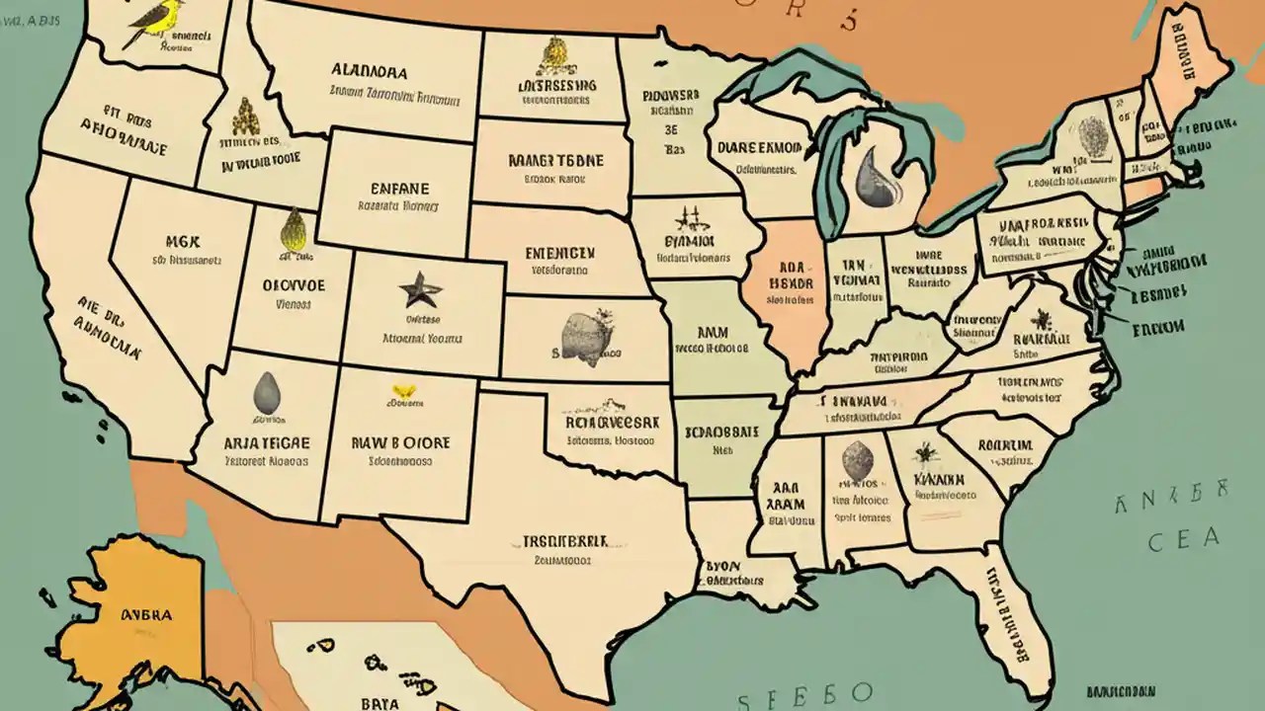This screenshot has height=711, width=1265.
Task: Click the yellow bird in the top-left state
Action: [x=144, y=24]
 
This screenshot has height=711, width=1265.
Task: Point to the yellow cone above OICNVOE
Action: [x=293, y=230]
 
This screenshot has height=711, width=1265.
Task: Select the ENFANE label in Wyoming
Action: [x=399, y=189]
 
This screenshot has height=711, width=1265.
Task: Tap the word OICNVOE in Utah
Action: [x=293, y=283]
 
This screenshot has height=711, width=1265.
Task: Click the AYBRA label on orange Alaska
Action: [x=146, y=613]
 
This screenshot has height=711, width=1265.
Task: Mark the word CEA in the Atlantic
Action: [x=1183, y=539]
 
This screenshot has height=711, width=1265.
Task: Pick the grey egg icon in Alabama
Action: [x=857, y=461]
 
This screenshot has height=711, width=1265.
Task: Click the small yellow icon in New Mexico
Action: [x=402, y=391]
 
